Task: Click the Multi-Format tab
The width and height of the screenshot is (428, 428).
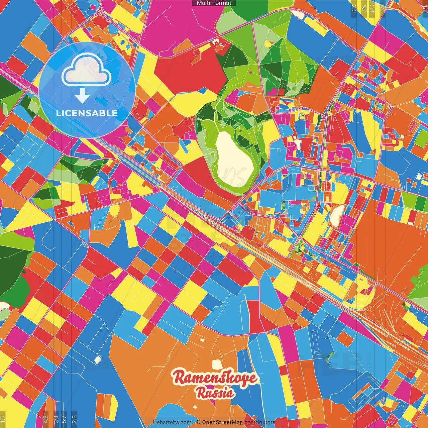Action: pyautogui.click(x=214, y=3)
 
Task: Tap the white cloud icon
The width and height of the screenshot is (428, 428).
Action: pyautogui.click(x=86, y=69)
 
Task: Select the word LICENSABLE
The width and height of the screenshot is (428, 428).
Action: pyautogui.click(x=87, y=113)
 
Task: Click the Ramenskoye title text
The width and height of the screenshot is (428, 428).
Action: pyautogui.click(x=215, y=378)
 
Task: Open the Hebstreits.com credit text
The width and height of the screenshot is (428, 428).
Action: pyautogui.click(x=172, y=422)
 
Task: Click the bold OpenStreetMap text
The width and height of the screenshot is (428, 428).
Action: pyautogui.click(x=222, y=422)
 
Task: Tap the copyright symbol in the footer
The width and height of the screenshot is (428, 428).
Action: pyautogui.click(x=198, y=422)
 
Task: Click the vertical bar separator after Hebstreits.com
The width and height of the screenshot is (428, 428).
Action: pyautogui.click(x=194, y=422)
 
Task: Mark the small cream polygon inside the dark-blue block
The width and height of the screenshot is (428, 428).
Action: pyautogui.click(x=97, y=360)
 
